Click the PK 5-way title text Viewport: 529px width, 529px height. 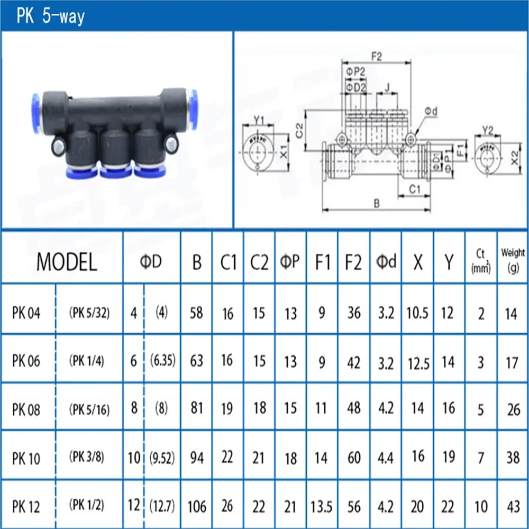(x=51, y=16)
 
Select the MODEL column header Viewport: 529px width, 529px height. (x=67, y=262)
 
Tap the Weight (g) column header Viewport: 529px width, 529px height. (x=512, y=262)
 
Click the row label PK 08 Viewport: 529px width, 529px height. (x=26, y=409)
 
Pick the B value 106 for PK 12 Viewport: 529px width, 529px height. (x=197, y=506)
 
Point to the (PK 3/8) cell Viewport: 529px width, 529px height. (x=89, y=458)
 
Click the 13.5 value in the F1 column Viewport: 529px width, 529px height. (x=322, y=506)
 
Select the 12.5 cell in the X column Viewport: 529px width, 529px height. (x=418, y=362)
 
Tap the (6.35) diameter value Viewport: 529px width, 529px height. (x=162, y=361)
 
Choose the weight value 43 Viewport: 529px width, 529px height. (x=512, y=506)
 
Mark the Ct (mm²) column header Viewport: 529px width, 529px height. (x=481, y=262)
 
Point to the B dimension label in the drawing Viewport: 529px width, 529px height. (x=376, y=203)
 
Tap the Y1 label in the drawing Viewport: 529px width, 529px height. (x=259, y=120)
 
